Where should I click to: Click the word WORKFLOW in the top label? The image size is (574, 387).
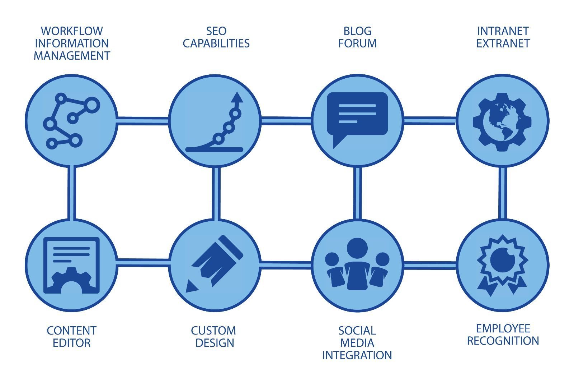point(72,31)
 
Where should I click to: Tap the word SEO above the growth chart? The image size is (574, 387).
point(216,31)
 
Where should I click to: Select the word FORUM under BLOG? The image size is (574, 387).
point(357,43)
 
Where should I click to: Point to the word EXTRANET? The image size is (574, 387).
point(503,43)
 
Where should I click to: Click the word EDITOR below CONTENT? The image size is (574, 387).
point(71,343)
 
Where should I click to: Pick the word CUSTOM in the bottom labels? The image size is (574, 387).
point(213,331)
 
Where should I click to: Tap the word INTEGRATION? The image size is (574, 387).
point(357,355)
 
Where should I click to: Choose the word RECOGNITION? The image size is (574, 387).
point(503,341)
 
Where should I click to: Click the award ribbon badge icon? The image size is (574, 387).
point(502,264)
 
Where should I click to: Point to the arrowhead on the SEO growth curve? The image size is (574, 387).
point(236,97)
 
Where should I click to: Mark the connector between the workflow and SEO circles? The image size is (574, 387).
point(143,120)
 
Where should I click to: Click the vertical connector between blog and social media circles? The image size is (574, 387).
point(357,193)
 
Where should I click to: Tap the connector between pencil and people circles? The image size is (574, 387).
point(286,265)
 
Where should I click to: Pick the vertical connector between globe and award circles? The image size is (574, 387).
point(503,193)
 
